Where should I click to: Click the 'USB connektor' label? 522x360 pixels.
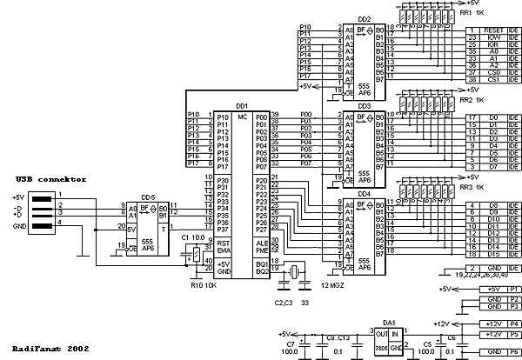(50, 179)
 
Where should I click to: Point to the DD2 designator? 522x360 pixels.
(364, 19)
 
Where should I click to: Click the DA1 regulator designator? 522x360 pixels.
(388, 322)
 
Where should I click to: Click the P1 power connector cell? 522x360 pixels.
(514, 288)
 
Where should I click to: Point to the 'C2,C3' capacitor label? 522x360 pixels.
(281, 303)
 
